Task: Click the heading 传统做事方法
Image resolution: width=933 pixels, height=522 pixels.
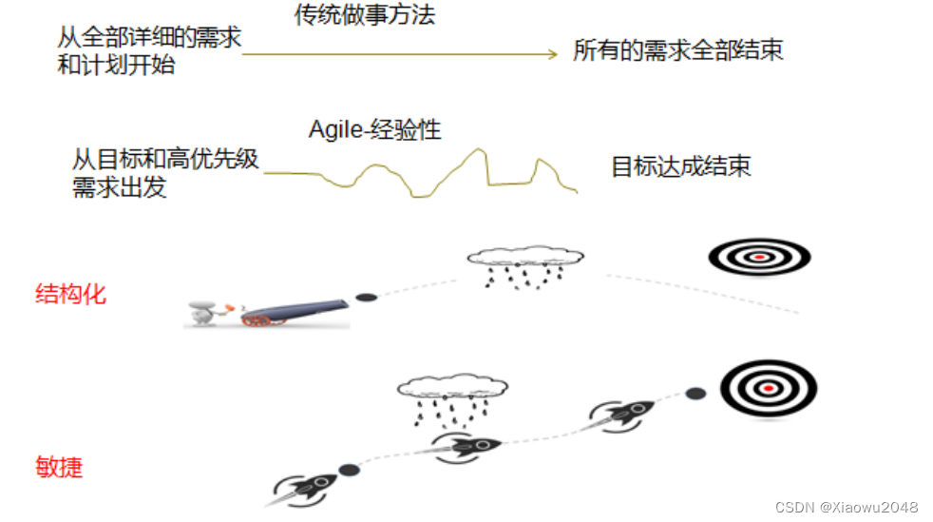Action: [364, 16]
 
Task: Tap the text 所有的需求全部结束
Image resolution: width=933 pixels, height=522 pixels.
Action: [677, 50]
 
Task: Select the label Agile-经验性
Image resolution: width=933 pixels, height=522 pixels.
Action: [374, 129]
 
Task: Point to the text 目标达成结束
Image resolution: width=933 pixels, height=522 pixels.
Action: [680, 167]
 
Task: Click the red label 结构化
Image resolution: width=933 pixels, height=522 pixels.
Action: [70, 293]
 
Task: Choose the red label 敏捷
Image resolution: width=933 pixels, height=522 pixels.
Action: [59, 467]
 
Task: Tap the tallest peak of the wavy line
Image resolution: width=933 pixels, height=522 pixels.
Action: [479, 150]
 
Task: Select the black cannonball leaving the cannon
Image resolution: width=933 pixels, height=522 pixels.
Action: [366, 298]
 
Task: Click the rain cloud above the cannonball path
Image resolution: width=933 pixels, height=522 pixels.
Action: [524, 259]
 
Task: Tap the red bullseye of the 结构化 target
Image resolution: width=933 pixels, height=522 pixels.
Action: [759, 257]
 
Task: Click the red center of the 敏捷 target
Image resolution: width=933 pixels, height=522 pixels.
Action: [768, 388]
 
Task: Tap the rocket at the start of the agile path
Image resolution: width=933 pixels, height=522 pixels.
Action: [306, 486]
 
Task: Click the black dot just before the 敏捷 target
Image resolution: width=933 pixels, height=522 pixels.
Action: [695, 392]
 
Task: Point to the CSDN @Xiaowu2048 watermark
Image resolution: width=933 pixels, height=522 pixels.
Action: [846, 507]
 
